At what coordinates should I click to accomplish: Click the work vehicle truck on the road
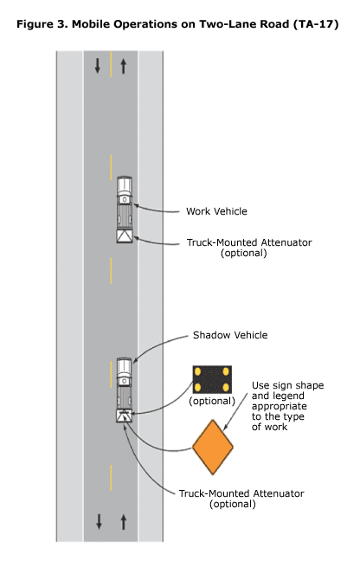[x=125, y=203]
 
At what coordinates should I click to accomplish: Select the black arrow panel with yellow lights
[x=212, y=379]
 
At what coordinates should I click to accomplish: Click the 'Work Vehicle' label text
[x=216, y=211]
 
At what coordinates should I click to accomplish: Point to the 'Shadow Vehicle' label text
[x=229, y=335]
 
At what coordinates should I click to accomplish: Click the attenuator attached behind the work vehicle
[x=125, y=235]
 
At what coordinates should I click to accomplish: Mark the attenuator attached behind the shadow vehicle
[x=125, y=415]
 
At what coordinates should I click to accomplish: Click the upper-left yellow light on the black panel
[x=199, y=371]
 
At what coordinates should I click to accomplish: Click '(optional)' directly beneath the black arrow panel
[x=212, y=401]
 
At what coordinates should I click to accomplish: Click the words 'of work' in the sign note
[x=270, y=427]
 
